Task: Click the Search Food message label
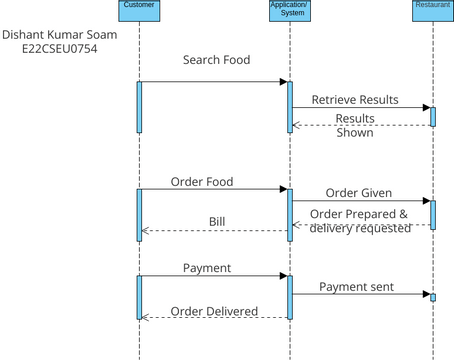click(216, 60)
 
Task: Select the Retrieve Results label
click(355, 100)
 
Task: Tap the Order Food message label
click(201, 182)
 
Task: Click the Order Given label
click(358, 193)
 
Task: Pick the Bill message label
click(217, 221)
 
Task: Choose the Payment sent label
click(356, 287)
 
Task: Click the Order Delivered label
click(215, 311)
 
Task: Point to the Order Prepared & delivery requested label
click(360, 221)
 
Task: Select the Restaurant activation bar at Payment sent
click(433, 297)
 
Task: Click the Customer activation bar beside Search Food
click(140, 105)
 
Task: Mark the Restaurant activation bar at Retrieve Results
click(433, 116)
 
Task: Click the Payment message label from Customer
click(207, 268)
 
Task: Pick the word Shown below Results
click(354, 132)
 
